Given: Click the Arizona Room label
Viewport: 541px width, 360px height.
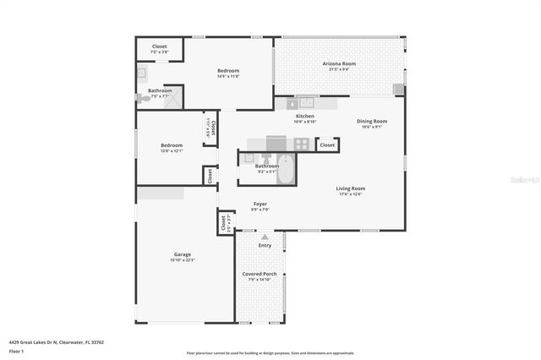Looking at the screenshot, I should point(338,63).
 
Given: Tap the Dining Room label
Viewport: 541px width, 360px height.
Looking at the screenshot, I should point(372,121).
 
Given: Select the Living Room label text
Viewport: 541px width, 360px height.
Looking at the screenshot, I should point(350,188).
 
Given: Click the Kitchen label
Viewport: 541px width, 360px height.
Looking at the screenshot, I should point(305,116).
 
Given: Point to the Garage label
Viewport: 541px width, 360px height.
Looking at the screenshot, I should point(183,254).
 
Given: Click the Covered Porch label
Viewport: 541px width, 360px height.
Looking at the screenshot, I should point(260,274).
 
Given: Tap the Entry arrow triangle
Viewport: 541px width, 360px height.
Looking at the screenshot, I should point(265,237).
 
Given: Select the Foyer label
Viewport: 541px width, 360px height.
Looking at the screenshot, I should point(260,204).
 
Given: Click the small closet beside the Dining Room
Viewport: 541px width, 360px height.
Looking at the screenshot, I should point(327,145).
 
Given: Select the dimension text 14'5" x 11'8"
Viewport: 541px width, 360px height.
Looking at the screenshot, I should point(228,77).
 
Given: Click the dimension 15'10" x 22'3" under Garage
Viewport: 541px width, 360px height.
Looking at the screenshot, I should point(183,260).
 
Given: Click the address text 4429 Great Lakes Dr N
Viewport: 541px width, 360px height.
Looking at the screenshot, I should point(46,343).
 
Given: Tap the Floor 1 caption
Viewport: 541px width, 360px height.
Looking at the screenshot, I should point(16,351).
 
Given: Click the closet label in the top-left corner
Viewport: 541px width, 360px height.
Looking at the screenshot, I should point(159,46).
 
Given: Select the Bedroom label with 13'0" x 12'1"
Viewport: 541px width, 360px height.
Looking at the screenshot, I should point(172,145).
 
